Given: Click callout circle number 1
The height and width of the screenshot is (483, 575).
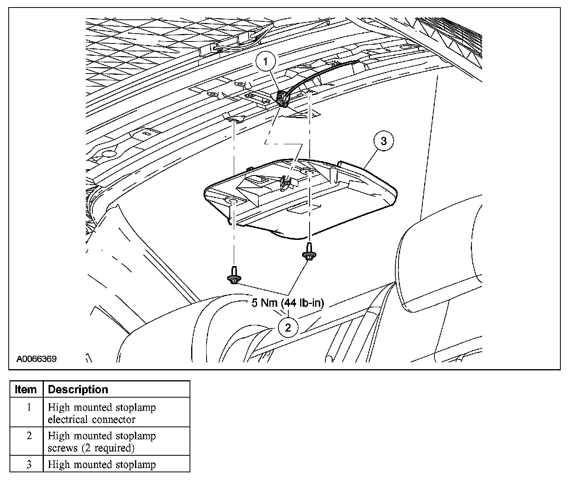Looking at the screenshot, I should click(266, 62).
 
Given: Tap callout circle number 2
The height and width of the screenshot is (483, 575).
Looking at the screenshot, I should click(288, 327).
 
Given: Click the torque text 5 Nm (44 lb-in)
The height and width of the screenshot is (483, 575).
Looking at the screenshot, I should click(288, 303).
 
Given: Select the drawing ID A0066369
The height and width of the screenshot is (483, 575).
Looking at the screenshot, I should click(36, 359).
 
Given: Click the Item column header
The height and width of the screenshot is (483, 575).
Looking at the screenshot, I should click(26, 389).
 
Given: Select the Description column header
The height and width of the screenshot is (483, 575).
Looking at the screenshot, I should click(78, 389).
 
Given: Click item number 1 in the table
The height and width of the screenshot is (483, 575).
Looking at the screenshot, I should click(28, 407).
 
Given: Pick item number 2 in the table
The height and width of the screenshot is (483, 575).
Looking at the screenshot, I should click(28, 436).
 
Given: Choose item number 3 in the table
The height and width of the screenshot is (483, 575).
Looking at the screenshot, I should click(28, 464).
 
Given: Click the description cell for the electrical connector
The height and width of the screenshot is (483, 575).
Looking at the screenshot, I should click(102, 413).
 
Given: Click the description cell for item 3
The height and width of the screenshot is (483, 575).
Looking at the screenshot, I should click(102, 464).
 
